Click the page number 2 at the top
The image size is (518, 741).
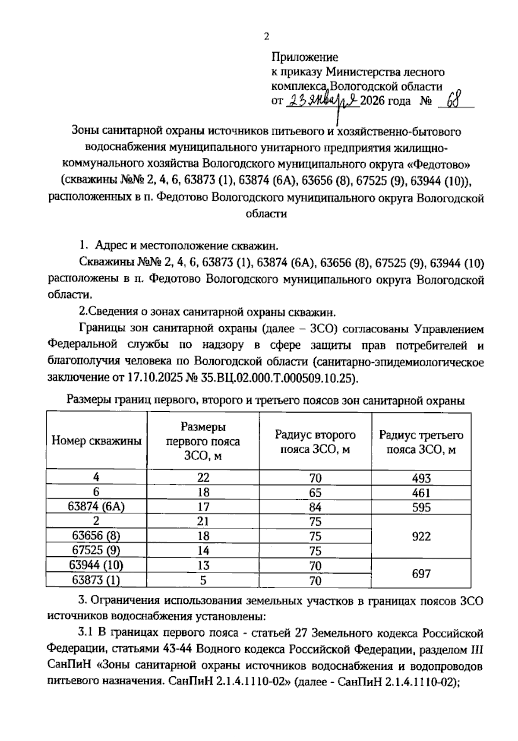point(266,37)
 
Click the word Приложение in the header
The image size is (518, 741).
point(305,57)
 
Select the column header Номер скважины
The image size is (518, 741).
point(96,441)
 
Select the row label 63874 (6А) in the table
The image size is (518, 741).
point(96,507)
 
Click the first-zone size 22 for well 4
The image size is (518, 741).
point(203,478)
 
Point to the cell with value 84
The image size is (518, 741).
point(315,507)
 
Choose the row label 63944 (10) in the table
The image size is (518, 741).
point(96,565)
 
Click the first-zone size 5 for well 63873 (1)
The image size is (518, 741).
point(203,580)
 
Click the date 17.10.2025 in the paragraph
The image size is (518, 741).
point(155,378)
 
